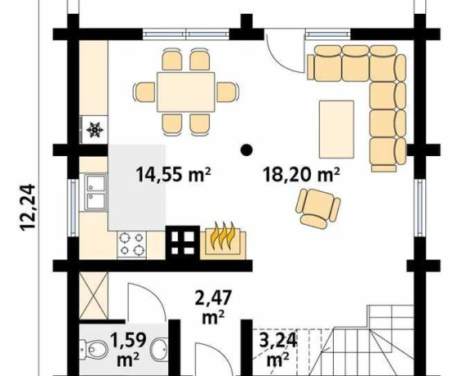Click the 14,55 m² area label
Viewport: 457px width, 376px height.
[x=173, y=174]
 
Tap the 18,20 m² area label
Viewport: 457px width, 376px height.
[x=301, y=174]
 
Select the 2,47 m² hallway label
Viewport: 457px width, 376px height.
[x=213, y=307]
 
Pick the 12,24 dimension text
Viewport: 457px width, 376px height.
[x=28, y=208]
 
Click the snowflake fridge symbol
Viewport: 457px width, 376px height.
[x=95, y=130]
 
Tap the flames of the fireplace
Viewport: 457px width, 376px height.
[x=224, y=235]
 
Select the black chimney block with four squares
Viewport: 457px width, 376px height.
[x=183, y=243]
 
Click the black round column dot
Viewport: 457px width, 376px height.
[x=246, y=150]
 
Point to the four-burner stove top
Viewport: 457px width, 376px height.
[x=131, y=244]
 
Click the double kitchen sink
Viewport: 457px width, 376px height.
[x=96, y=192]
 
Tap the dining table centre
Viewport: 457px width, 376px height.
[x=186, y=92]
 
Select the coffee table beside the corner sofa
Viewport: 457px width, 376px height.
[x=336, y=129]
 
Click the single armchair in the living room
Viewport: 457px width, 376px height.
[x=318, y=208]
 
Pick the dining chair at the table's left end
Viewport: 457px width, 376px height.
[x=144, y=92]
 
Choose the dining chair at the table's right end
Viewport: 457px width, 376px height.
[x=228, y=92]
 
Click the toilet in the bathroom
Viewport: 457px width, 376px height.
[x=94, y=349]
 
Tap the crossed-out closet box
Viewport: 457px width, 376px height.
[x=94, y=296]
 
